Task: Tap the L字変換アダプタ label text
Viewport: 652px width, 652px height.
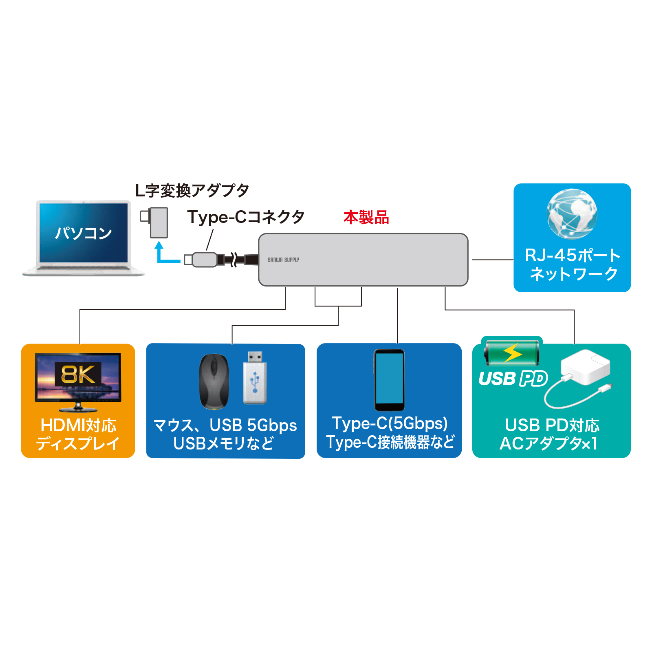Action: (192, 190)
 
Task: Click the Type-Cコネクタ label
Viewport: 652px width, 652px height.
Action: (246, 217)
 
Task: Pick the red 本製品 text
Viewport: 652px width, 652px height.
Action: (366, 217)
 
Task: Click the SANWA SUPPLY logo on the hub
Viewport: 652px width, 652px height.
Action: (283, 260)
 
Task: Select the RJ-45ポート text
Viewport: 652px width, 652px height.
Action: (572, 256)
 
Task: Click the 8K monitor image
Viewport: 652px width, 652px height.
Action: (78, 381)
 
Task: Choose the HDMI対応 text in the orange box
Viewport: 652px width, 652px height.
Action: (78, 425)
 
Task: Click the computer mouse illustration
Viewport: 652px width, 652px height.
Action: (214, 381)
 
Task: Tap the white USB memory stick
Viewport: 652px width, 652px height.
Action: (255, 378)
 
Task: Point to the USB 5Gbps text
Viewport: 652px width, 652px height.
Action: (253, 425)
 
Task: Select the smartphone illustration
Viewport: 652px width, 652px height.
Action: (389, 380)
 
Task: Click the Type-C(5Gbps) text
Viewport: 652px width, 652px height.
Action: (390, 423)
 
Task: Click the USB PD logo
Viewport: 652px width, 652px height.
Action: (513, 379)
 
